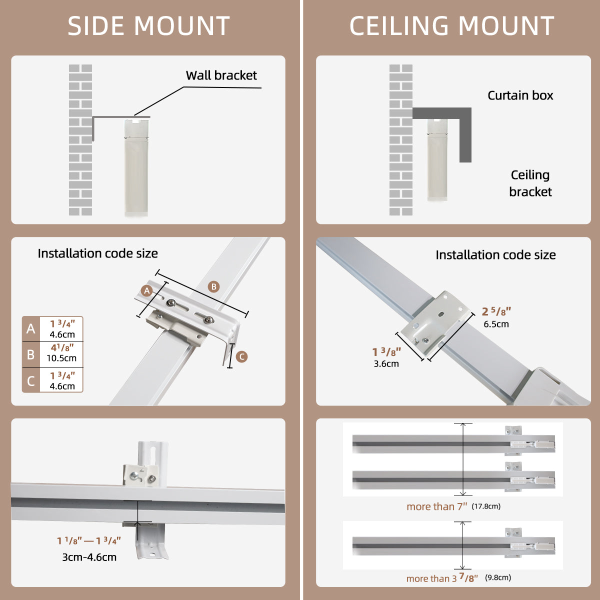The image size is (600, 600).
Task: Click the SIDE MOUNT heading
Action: pos(148,26)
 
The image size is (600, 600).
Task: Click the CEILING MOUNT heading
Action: pos(451,26)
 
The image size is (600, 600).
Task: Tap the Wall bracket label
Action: pos(221,75)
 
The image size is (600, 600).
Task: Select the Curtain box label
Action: pos(520,95)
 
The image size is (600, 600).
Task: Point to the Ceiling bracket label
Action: pos(530,183)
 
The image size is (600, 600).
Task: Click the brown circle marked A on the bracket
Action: pos(146,291)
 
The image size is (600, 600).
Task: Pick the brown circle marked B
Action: pos(214,286)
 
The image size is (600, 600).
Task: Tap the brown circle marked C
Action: pos(241,356)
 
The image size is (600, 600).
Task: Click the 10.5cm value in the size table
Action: pos(61,358)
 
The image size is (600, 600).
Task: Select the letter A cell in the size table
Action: pos(31,328)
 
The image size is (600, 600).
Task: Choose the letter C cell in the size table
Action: pos(31,381)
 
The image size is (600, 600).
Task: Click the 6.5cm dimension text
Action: pos(496,324)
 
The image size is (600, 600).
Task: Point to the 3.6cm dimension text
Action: pos(386,364)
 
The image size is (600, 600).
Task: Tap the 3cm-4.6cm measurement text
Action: pos(89,557)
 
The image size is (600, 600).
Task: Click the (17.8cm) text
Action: pos(485,506)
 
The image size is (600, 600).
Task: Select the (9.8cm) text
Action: pos(497,577)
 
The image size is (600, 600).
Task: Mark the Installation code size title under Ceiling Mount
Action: pos(495,255)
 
